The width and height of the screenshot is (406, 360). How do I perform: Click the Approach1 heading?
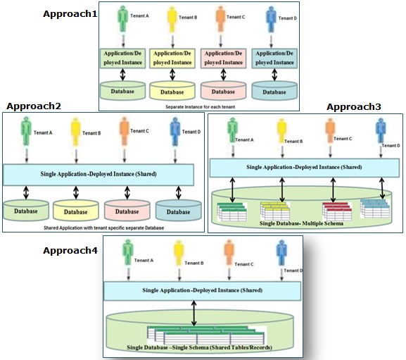[x=70, y=13]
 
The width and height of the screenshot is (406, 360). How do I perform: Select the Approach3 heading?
[x=354, y=107]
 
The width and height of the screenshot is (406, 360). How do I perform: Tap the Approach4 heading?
[x=70, y=251]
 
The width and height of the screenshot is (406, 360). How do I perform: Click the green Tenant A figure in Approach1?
[x=122, y=20]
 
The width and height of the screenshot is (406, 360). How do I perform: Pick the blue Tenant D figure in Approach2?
[x=175, y=132]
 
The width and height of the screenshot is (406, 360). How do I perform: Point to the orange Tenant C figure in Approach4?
[x=229, y=252]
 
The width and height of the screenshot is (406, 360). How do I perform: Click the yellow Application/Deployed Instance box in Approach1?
[x=172, y=58]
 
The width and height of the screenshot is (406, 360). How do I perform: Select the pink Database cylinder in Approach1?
[x=223, y=90]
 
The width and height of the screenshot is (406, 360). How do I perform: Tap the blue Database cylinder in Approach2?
[x=179, y=210]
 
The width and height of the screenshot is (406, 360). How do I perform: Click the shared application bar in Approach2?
[x=99, y=175]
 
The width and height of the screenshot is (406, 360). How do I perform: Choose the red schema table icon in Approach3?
[x=337, y=211]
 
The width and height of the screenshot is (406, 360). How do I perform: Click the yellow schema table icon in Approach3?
[x=275, y=211]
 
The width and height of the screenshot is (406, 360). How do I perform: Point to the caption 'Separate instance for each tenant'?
[x=200, y=107]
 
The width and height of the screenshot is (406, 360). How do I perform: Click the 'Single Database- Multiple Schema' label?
[x=301, y=223]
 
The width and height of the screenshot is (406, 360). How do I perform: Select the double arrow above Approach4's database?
[x=194, y=313]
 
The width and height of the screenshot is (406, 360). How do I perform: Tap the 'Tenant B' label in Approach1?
[x=188, y=18]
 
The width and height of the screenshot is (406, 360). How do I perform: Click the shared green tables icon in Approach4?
[x=206, y=335]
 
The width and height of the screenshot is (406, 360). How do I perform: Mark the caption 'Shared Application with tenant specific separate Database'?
[x=104, y=228]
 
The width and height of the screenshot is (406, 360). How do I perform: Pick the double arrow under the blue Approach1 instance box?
[x=274, y=75]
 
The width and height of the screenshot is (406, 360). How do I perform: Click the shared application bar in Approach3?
[x=304, y=168]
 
